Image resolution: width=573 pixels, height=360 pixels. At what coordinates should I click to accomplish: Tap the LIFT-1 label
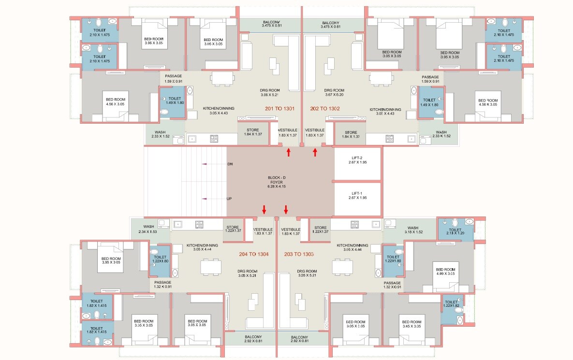pos(357,195)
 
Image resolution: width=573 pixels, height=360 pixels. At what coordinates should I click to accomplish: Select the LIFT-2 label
pos(357,160)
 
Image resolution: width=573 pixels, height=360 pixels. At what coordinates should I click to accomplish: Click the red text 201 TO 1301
pos(280,109)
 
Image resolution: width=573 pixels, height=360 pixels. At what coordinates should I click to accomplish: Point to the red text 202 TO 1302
pos(324,109)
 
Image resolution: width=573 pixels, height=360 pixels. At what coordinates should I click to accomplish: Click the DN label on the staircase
pos(230,164)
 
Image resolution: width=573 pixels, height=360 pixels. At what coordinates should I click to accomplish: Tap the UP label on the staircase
pos(230,199)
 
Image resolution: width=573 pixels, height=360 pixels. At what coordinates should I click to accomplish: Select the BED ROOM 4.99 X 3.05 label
pos(445,272)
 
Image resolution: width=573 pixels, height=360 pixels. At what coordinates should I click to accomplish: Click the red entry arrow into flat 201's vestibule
pos(289,153)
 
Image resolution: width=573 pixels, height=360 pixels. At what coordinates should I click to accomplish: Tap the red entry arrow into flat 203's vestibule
pos(286,209)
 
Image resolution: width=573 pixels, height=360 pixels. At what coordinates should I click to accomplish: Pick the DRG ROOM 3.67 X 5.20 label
pos(334,93)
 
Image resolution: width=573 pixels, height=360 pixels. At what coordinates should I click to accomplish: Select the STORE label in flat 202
pos(351,135)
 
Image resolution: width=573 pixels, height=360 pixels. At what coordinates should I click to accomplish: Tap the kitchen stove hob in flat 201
pos(214,139)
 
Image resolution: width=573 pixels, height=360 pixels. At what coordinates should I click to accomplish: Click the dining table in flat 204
pos(211,267)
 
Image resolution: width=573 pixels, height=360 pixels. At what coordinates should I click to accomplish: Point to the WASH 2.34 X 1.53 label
pos(148,230)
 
